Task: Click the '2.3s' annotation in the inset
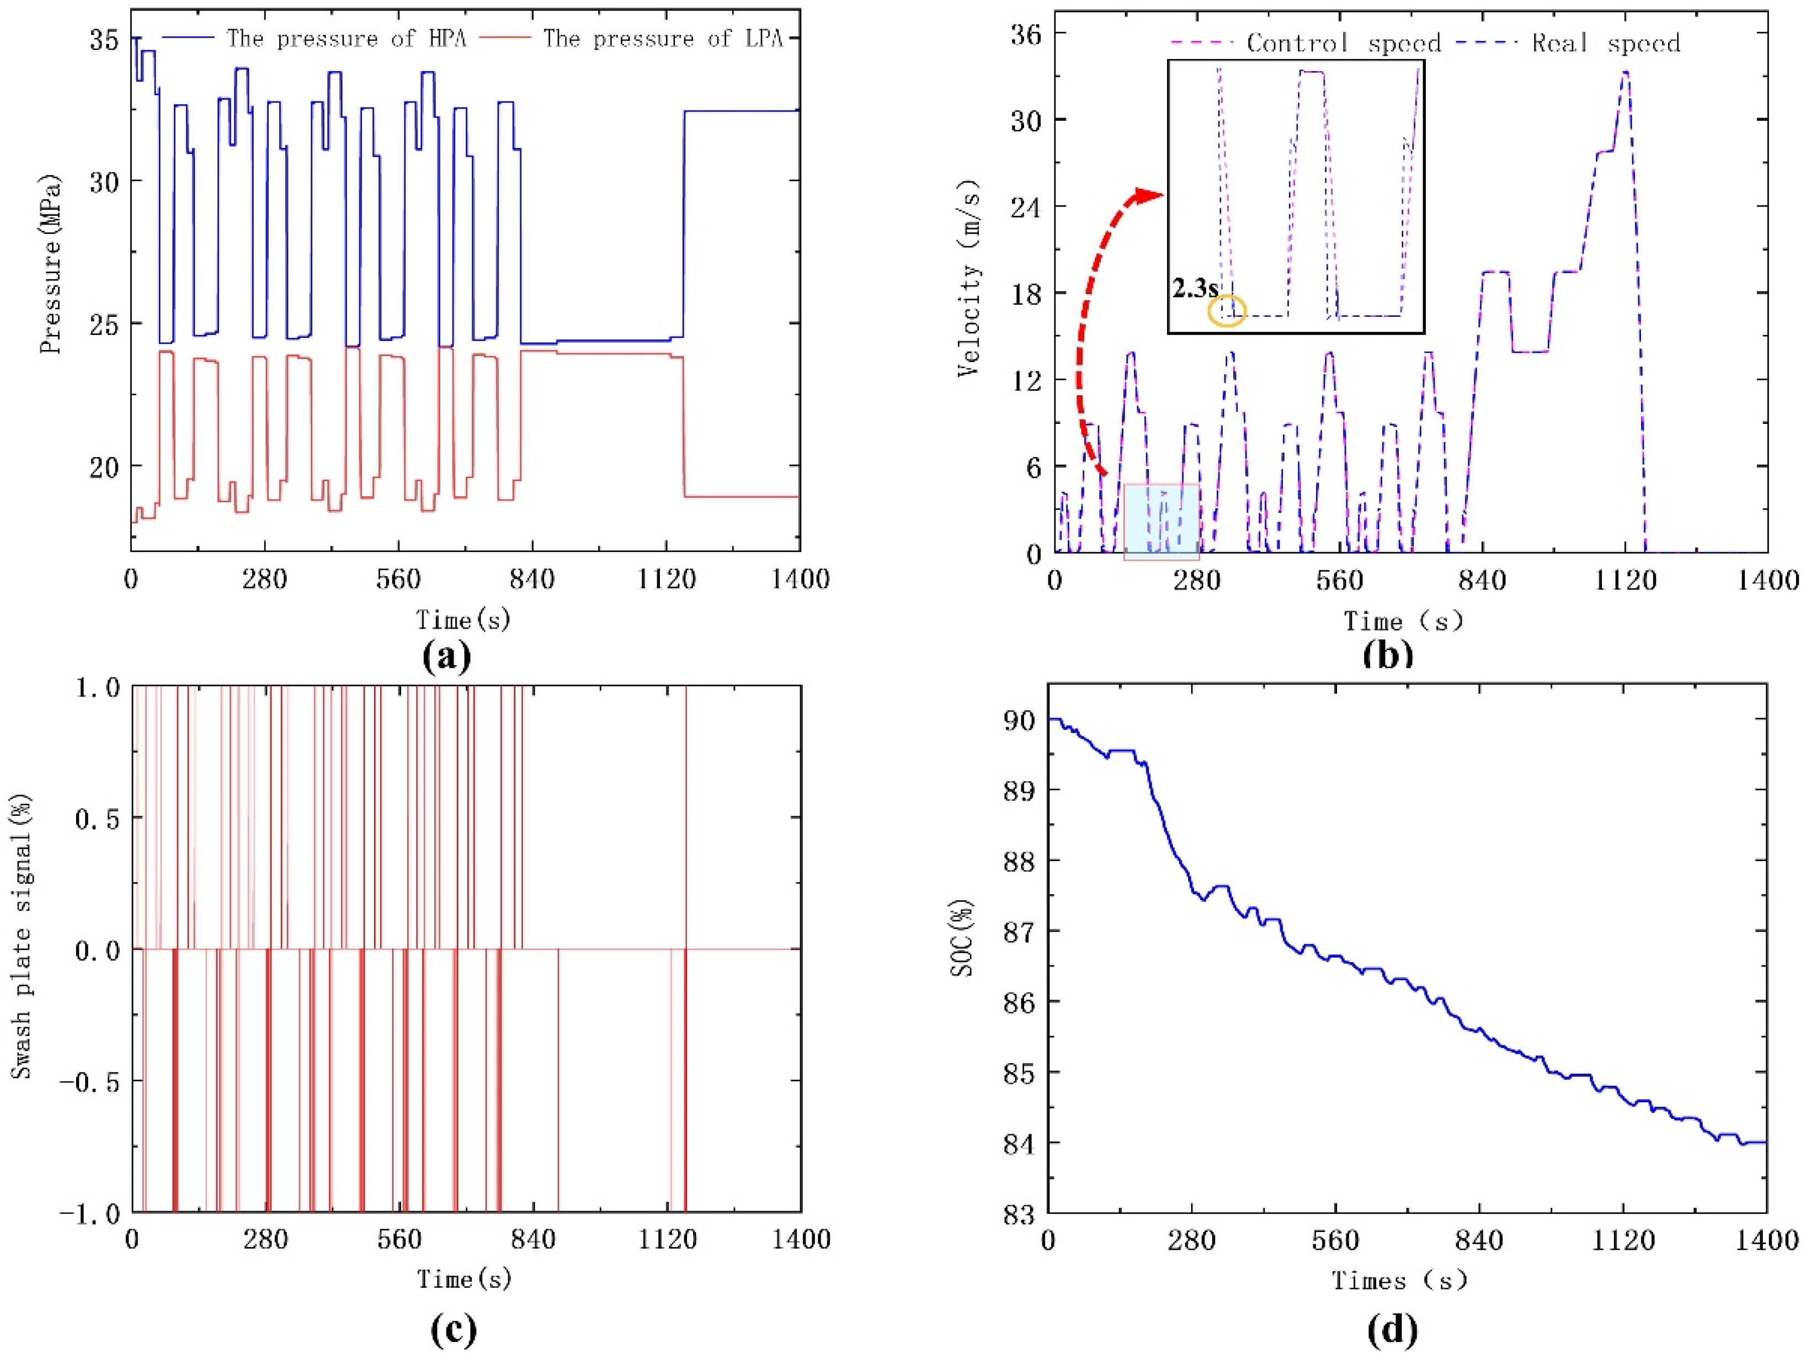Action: [1195, 288]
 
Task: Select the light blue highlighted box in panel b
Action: [1161, 521]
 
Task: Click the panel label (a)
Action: [448, 656]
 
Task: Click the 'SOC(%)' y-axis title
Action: [963, 939]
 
